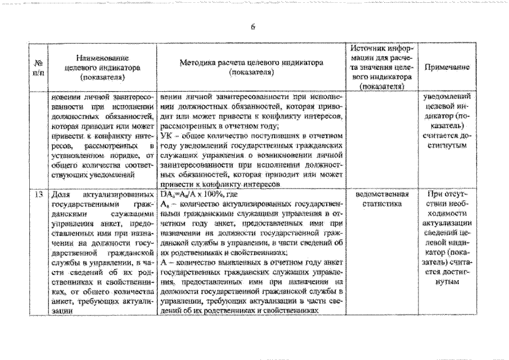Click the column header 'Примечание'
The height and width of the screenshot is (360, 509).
tap(447, 67)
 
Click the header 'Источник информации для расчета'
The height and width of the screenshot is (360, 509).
tap(383, 66)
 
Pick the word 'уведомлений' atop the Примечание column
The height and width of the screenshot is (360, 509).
tap(447, 96)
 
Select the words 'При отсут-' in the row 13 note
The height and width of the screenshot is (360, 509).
tap(448, 194)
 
